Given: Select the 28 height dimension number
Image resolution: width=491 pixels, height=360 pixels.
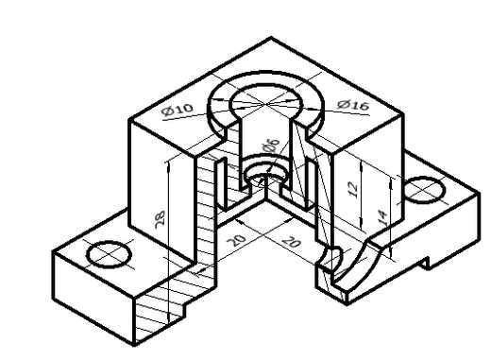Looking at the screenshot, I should tap(161, 219).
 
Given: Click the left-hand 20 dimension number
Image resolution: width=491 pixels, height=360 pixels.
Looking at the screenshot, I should tap(237, 239).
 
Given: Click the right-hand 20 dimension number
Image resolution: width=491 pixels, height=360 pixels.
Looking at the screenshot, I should tap(292, 243).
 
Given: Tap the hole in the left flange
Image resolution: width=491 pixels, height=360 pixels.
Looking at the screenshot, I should tap(108, 253).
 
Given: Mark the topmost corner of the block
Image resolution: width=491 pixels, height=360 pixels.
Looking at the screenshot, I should tap(272, 39).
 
